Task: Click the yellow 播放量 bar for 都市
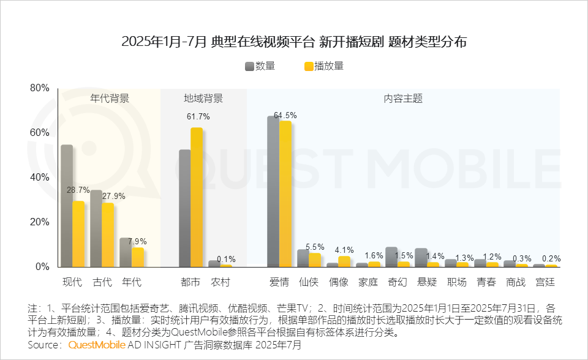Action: click(x=197, y=198)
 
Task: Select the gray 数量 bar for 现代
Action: click(x=67, y=206)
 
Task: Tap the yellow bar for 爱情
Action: click(x=285, y=194)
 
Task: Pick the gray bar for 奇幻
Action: click(x=391, y=257)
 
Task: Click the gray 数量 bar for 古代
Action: click(x=96, y=228)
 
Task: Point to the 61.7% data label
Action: click(x=198, y=116)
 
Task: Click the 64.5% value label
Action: click(x=285, y=115)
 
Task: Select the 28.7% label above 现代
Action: click(x=78, y=190)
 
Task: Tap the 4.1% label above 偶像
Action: click(x=344, y=250)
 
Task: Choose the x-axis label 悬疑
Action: click(x=427, y=282)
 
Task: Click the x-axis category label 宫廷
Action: click(x=545, y=282)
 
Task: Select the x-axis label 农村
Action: click(x=220, y=282)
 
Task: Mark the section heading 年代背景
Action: click(x=110, y=99)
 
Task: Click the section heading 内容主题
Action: click(x=403, y=99)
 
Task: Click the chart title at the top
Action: click(x=294, y=42)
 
